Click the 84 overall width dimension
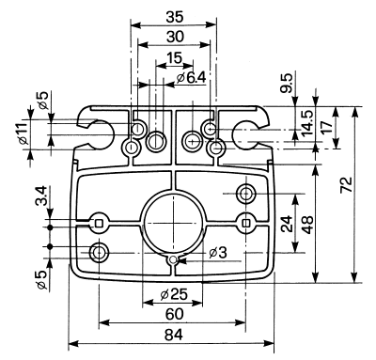pyautogui.click(x=173, y=336)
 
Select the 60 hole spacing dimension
pyautogui.click(x=174, y=314)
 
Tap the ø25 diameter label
pyautogui.click(x=174, y=294)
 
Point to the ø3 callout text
pyautogui.click(x=218, y=253)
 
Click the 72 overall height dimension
pyautogui.click(x=347, y=185)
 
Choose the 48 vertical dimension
pyautogui.click(x=307, y=225)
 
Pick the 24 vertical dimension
pyautogui.click(x=287, y=224)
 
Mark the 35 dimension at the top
pyautogui.click(x=175, y=17)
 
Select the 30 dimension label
pyautogui.click(x=175, y=37)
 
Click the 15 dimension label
pyautogui.click(x=174, y=58)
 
